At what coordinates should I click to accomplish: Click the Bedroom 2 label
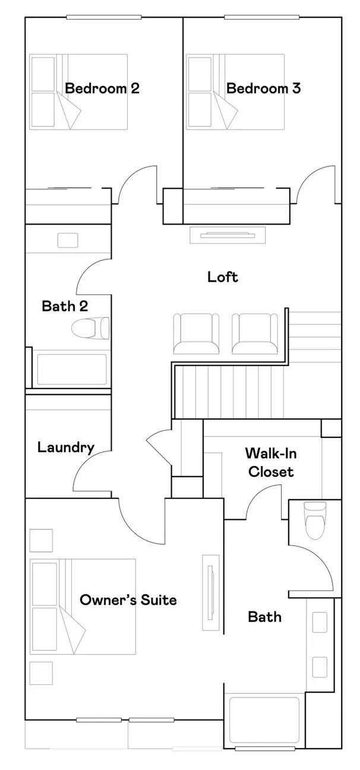tap(102, 89)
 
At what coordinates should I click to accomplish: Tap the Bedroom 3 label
tap(263, 89)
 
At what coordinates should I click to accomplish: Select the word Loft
tap(223, 277)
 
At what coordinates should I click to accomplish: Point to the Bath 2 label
tap(65, 306)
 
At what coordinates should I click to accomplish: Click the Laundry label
tap(65, 447)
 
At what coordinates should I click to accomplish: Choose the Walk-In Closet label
tap(271, 463)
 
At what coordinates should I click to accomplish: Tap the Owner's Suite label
tap(128, 600)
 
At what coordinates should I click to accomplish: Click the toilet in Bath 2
tap(91, 327)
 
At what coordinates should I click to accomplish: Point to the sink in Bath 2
tap(68, 241)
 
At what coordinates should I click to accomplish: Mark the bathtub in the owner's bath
tap(264, 718)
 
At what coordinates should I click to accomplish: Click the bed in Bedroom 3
tap(235, 91)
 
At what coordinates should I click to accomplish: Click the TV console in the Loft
tap(228, 235)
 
